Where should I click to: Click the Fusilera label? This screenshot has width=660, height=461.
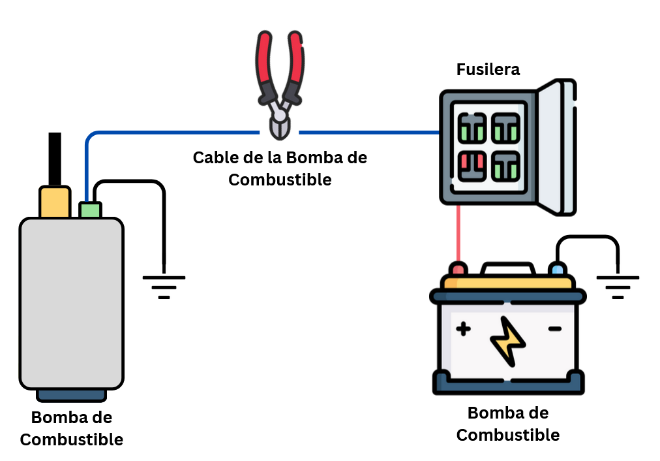[488, 69]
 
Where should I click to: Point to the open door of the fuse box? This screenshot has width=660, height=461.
[557, 148]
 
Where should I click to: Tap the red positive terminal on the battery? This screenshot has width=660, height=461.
[458, 269]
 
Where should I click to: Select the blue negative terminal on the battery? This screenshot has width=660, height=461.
[557, 269]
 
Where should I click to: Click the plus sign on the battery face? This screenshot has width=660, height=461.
[463, 329]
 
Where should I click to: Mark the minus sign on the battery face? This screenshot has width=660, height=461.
[554, 328]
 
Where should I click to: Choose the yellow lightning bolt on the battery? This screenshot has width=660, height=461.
[508, 340]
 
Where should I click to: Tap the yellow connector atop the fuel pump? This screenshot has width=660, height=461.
[55, 202]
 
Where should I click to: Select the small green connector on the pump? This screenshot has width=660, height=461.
[90, 210]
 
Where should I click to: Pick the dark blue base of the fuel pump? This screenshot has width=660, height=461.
[71, 394]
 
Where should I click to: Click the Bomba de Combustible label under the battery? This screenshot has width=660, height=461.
[508, 424]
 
